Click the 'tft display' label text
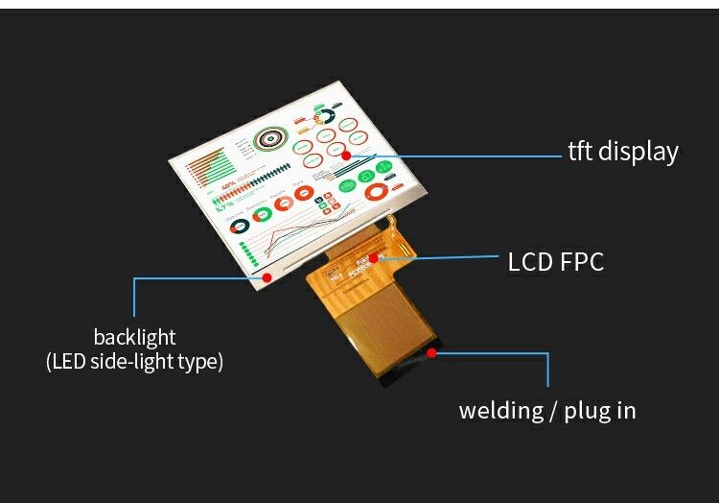coord(623,152)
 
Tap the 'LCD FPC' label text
coord(556,262)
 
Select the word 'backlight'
coord(134,337)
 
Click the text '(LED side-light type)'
coord(134,362)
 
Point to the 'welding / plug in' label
coord(547,411)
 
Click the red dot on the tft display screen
coord(347,155)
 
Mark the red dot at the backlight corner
coord(267,276)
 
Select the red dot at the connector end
coord(431,352)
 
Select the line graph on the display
coord(288,240)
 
